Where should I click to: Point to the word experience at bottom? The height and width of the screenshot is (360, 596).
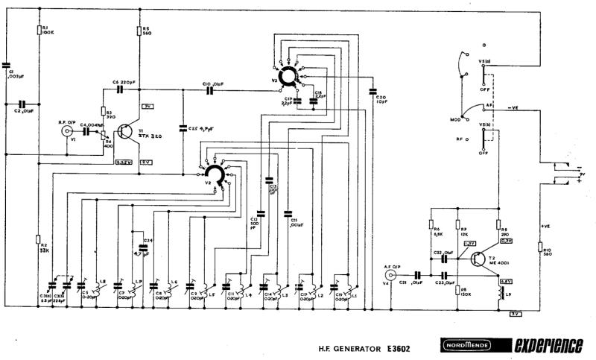point(548,347)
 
